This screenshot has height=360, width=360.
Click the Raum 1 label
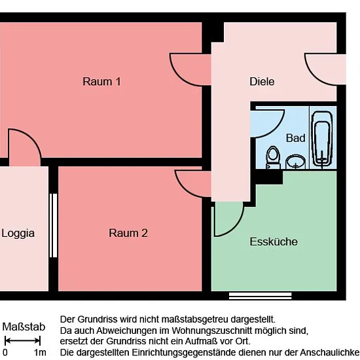click(x=101, y=82)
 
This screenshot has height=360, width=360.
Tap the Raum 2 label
click(x=128, y=233)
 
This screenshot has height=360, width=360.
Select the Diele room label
click(x=262, y=82)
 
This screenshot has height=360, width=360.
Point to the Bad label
click(x=296, y=138)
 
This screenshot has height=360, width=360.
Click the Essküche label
click(x=274, y=242)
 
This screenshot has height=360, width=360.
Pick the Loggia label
click(x=18, y=233)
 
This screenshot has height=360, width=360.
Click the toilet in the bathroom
click(x=273, y=158)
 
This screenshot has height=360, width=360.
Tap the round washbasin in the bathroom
click(x=295, y=162)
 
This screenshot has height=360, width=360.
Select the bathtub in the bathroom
click(x=322, y=138)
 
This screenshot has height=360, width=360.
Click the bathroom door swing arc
click(x=276, y=130)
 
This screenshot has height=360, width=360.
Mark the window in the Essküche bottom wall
click(x=261, y=296)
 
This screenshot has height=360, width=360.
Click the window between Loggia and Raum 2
click(x=53, y=225)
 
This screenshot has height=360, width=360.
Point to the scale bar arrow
click(x=22, y=341)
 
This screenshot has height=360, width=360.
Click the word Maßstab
click(x=24, y=327)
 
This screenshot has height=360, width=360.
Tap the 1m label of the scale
click(x=40, y=352)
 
